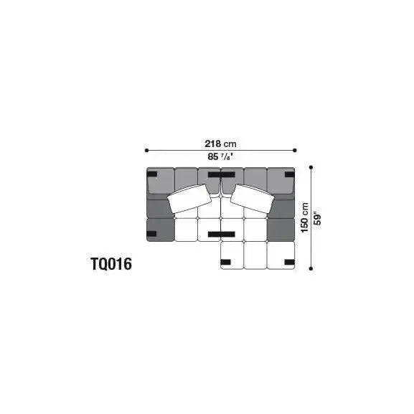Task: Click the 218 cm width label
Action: point(220,143)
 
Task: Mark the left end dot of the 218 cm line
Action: point(146,151)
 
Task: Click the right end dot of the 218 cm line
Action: point(295,151)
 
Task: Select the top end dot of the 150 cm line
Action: point(311,167)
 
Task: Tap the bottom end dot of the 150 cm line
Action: point(311,269)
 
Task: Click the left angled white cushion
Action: point(189,199)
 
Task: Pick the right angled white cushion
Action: point(251,199)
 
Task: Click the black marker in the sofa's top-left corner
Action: point(152,174)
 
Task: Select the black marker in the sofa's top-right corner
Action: point(289,174)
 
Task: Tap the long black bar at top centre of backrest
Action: point(221,174)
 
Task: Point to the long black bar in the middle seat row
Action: point(221,234)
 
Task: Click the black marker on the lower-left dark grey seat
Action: point(152,233)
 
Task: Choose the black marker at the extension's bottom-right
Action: point(289,263)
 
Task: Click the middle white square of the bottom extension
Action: point(255,255)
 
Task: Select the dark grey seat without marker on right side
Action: point(281,230)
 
